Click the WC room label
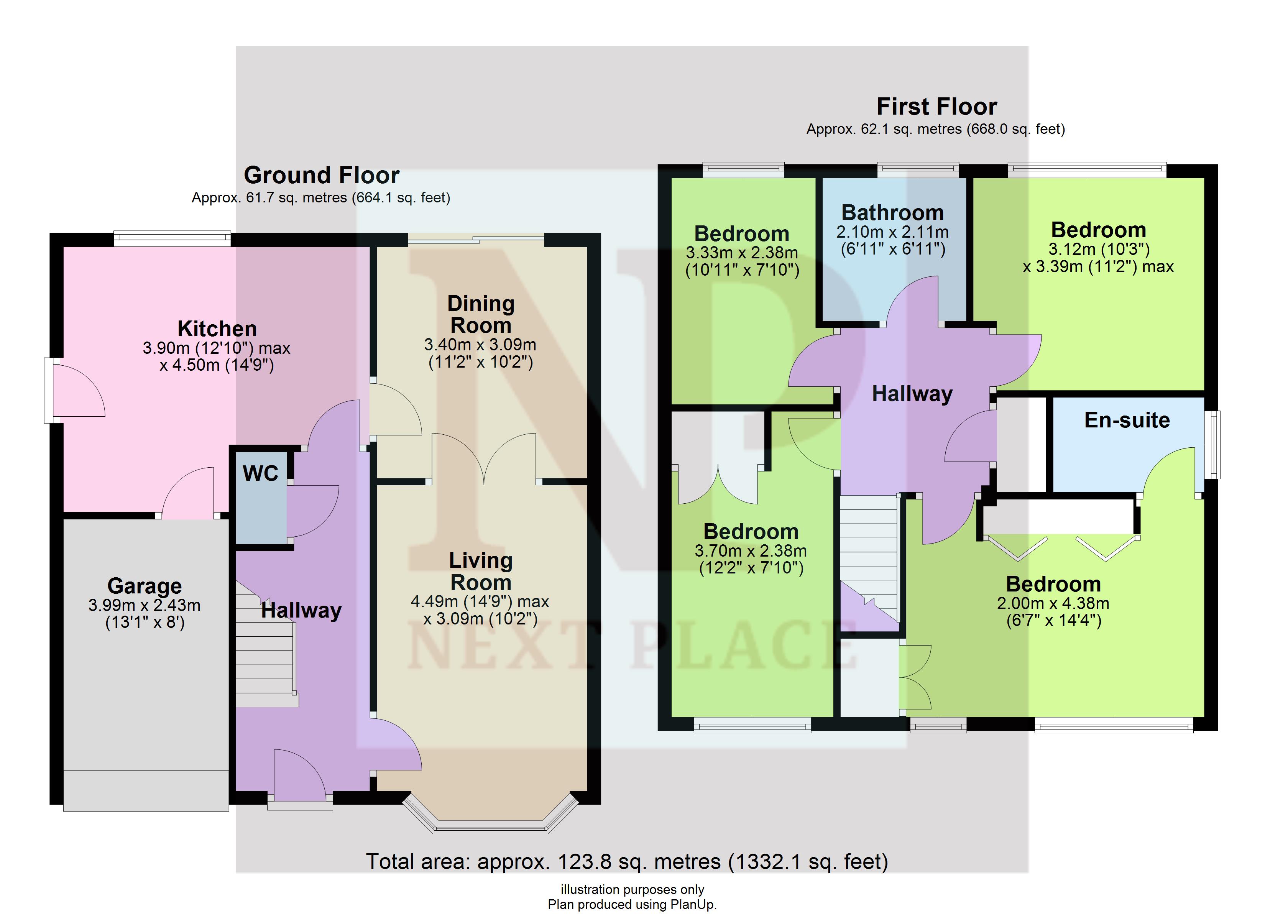coord(260,474)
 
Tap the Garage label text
coord(145,586)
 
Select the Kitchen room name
coord(217,328)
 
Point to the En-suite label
coord(1127,420)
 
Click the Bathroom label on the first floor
coord(892,213)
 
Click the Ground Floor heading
coord(322,175)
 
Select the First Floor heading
coord(937,107)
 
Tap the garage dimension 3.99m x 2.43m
coord(145,605)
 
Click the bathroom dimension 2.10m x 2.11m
coord(892,232)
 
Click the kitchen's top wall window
coord(172,239)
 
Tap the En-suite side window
coord(1212,445)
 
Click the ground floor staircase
coord(267,644)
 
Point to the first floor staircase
coord(870,563)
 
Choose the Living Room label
coord(481,571)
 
